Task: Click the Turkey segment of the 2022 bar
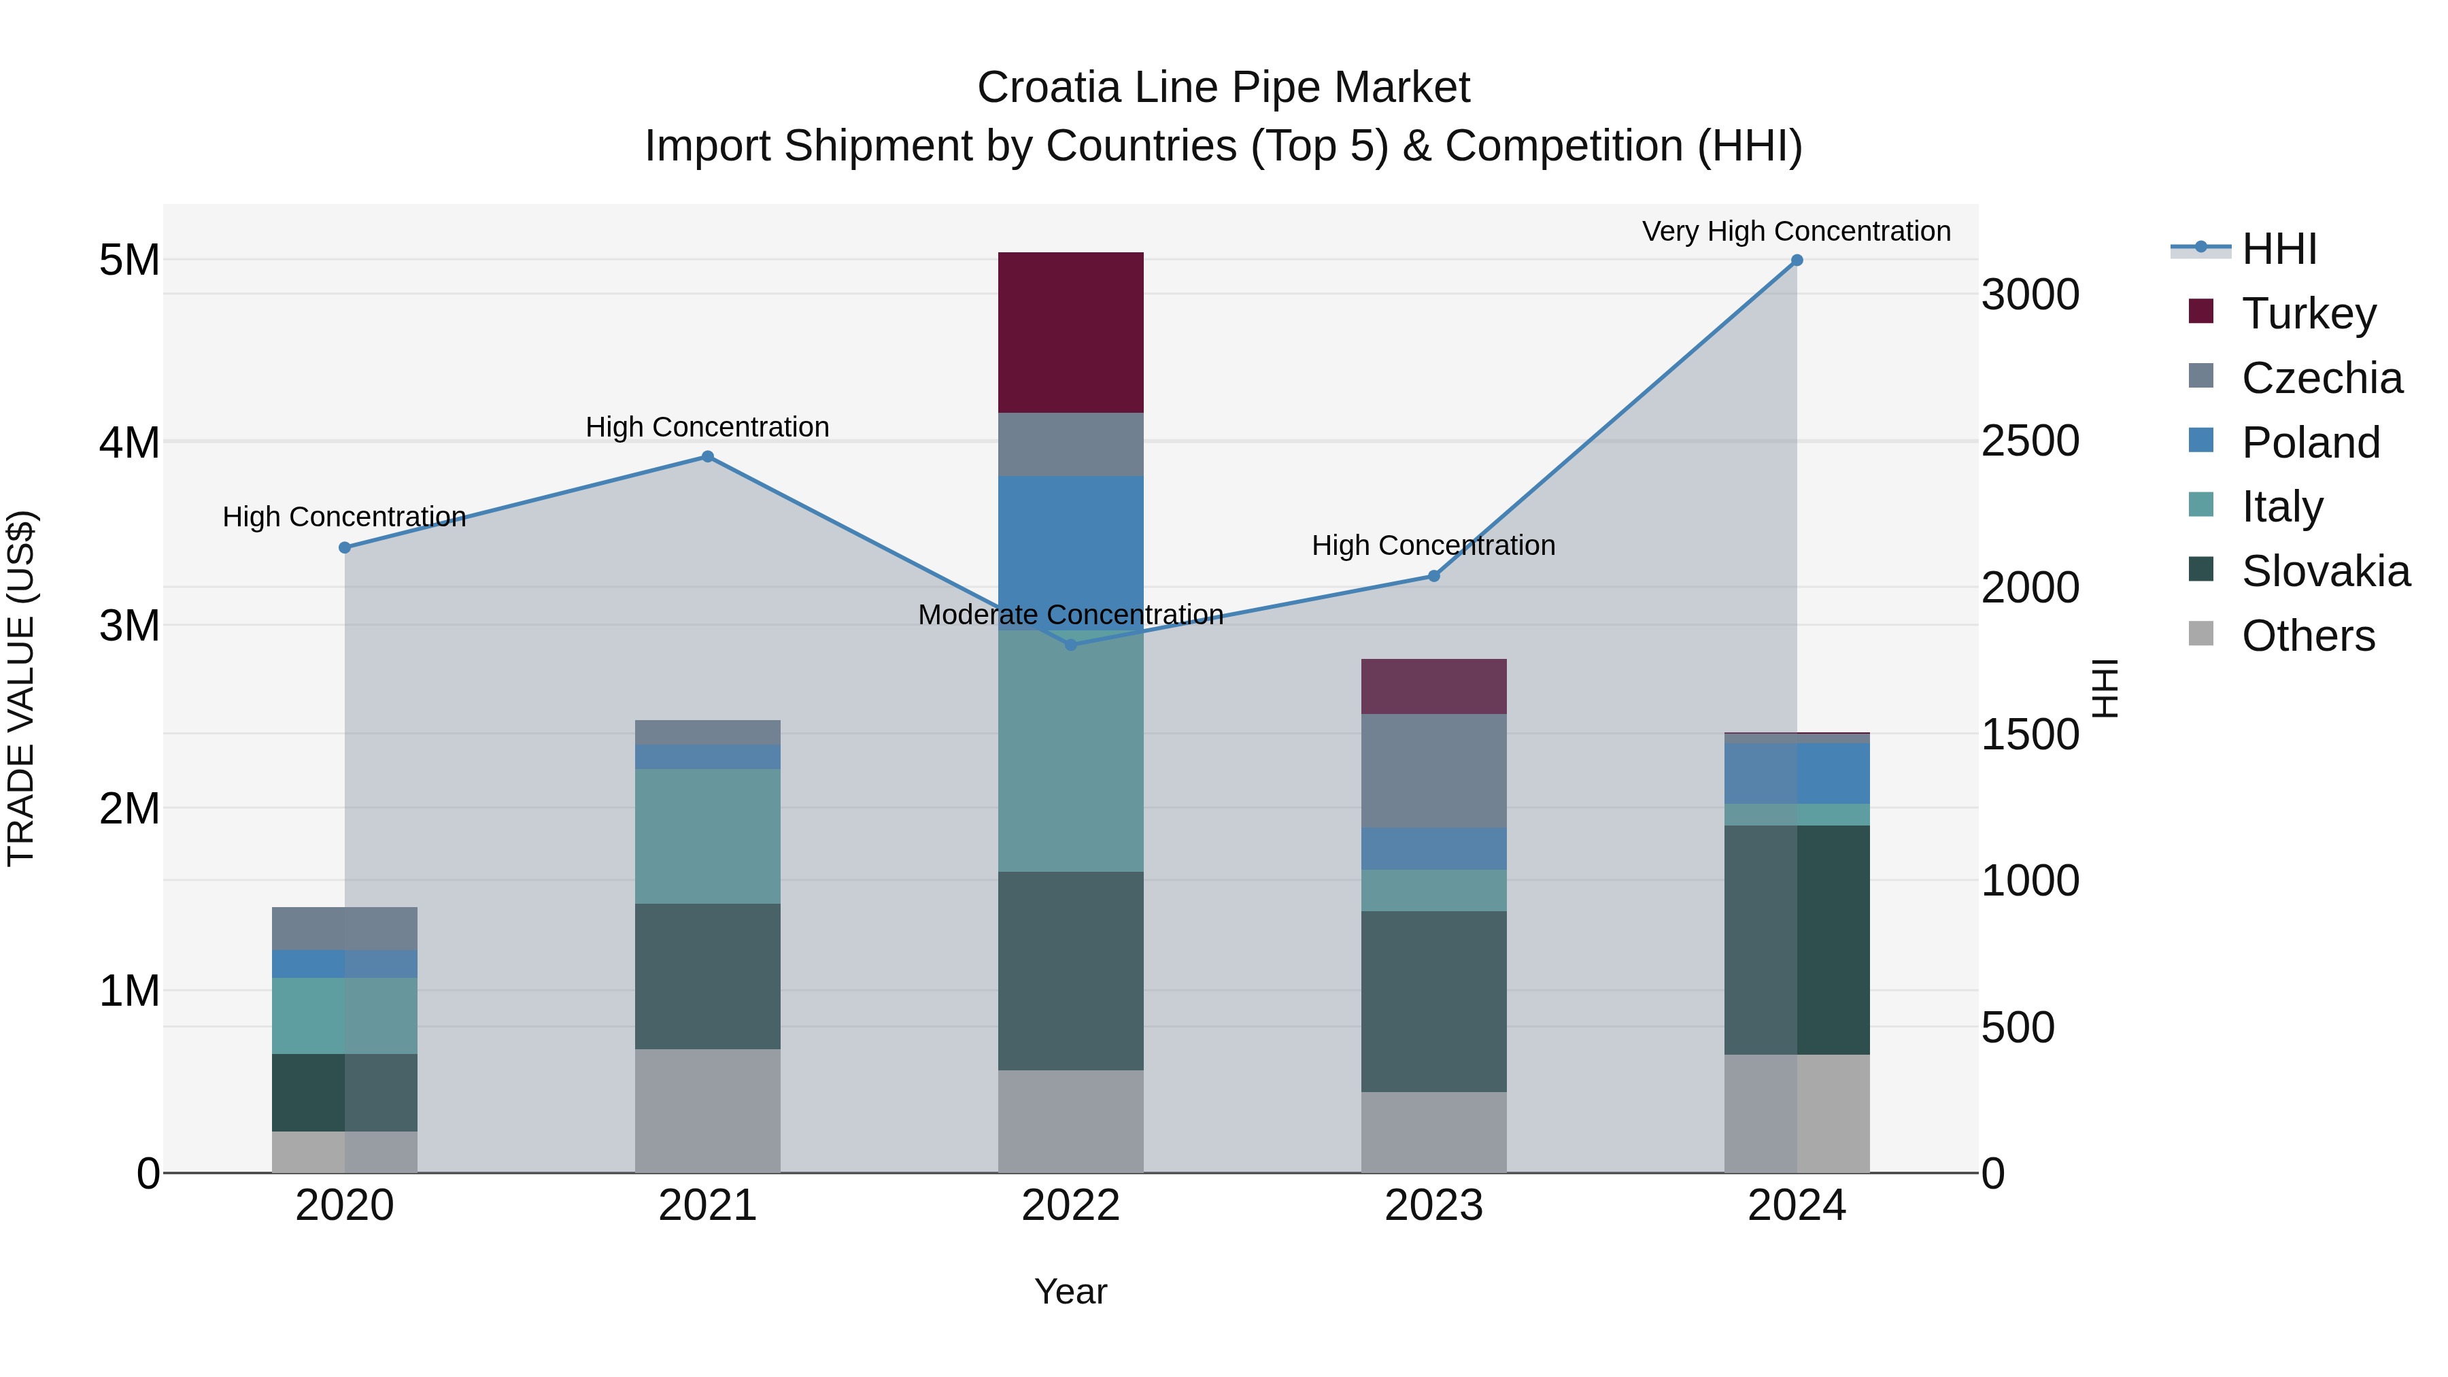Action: [1070, 333]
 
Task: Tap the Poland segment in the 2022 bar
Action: [1070, 551]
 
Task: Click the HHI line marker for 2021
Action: [707, 457]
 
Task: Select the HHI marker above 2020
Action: [345, 547]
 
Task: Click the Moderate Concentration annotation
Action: [1070, 615]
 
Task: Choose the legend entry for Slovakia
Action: [2324, 571]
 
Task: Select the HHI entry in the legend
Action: [2279, 249]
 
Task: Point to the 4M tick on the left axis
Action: [129, 443]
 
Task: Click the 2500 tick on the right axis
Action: [2030, 441]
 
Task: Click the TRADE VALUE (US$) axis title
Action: [21, 688]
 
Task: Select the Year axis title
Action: [1070, 1291]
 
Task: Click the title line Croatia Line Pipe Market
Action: [1223, 88]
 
